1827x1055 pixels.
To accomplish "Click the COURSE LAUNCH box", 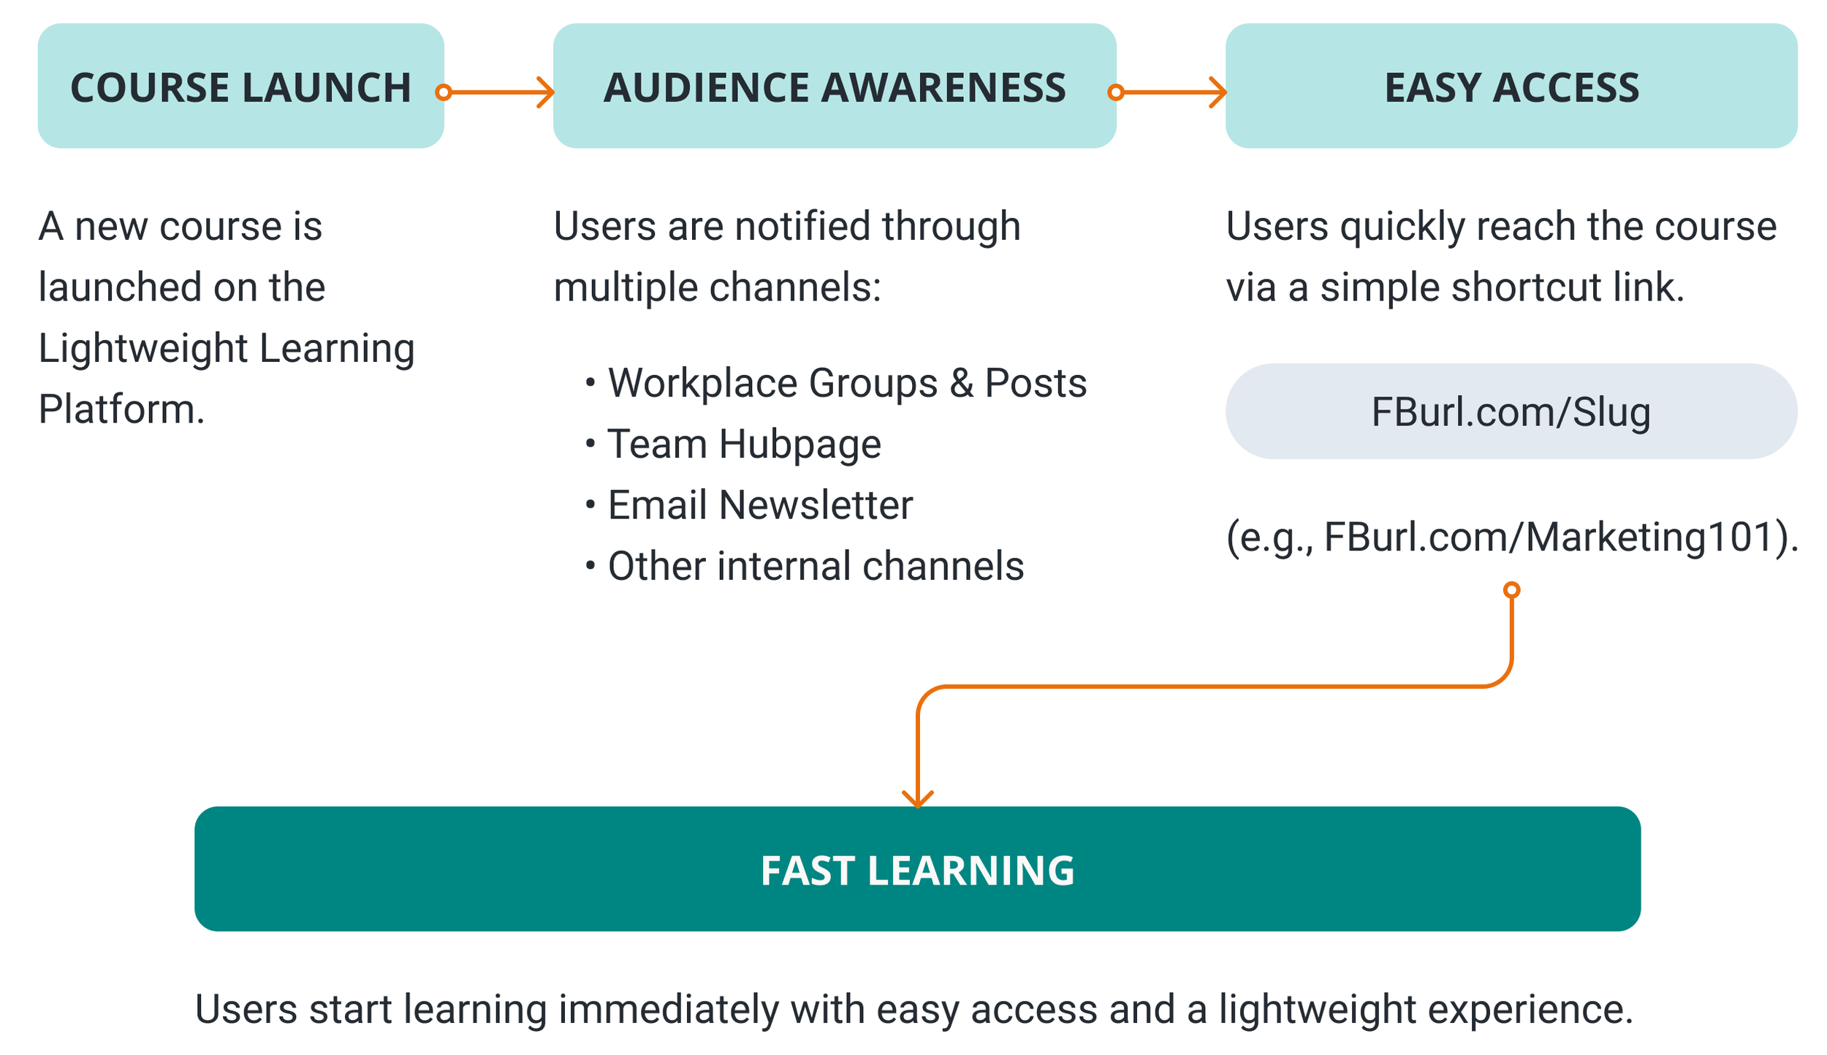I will (x=240, y=86).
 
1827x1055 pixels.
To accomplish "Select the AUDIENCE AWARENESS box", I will (x=834, y=86).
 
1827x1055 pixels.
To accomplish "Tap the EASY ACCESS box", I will (x=1511, y=86).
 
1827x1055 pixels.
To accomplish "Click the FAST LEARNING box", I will (x=917, y=869).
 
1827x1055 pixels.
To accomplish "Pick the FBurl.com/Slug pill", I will (x=1511, y=412).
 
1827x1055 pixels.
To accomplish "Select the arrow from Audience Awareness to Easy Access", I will (x=1170, y=92).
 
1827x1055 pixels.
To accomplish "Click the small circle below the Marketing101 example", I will (x=1511, y=590).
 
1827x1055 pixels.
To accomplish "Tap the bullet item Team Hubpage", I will (x=744, y=444).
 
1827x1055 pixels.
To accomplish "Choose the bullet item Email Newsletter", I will (x=760, y=504).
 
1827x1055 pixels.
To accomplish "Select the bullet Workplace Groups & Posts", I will (x=847, y=383).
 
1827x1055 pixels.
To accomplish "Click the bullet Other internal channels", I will (x=816, y=566).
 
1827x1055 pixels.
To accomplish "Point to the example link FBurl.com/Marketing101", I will (x=1549, y=537).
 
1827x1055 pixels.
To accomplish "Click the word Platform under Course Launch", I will (x=121, y=409).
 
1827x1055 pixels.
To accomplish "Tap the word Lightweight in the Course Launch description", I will (x=143, y=348).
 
